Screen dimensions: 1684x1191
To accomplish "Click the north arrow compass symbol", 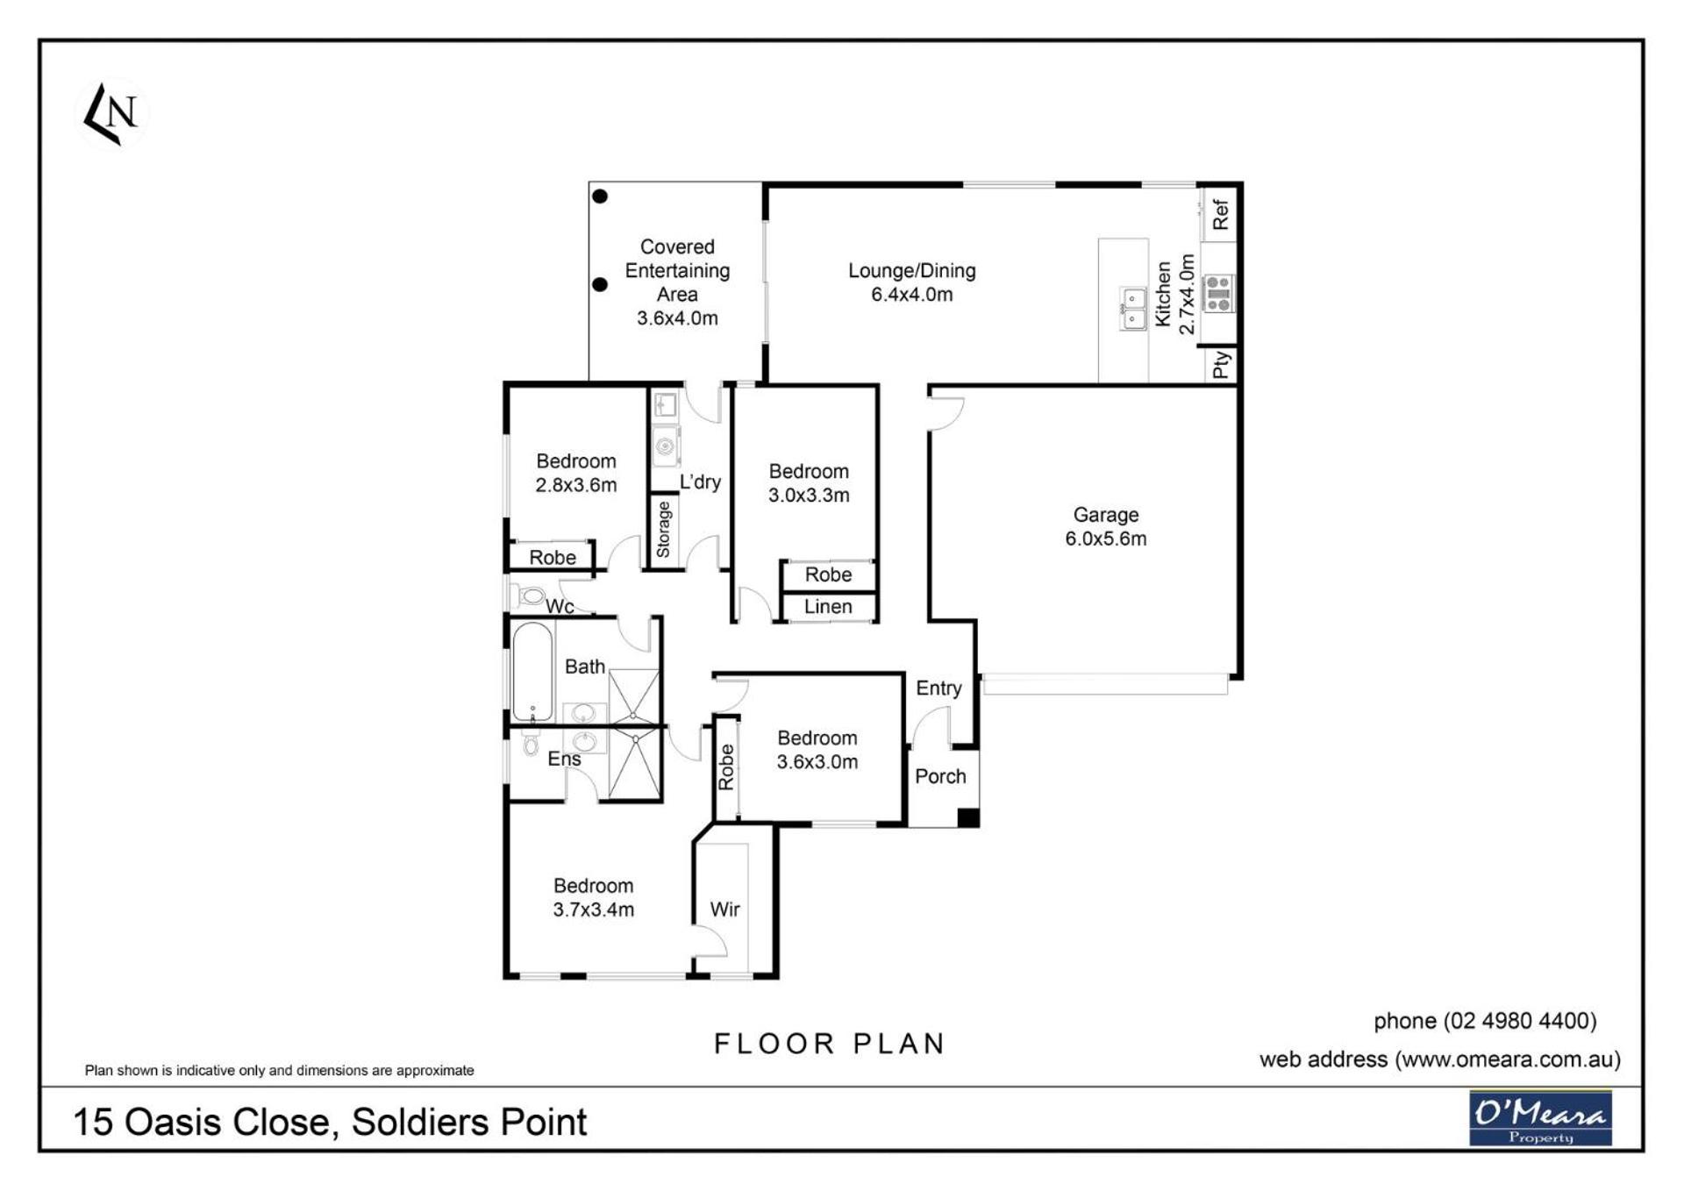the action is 112,114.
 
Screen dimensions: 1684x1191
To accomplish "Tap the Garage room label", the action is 1105,515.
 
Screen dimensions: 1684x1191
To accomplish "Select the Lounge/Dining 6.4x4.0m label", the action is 911,282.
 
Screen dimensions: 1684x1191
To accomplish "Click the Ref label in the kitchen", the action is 1220,214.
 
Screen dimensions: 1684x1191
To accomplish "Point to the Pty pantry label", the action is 1220,365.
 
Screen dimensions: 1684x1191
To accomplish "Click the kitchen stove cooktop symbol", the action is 1217,293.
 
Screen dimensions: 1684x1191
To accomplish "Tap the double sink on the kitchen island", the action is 1132,309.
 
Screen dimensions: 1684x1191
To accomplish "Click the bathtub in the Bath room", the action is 532,672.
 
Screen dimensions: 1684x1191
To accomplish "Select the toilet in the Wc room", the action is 528,596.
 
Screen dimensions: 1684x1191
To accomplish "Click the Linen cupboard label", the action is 828,606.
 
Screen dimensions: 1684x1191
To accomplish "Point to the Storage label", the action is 663,530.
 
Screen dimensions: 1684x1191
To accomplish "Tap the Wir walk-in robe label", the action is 724,909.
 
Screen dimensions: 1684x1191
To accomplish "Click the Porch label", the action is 940,776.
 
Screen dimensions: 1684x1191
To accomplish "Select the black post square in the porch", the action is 967,817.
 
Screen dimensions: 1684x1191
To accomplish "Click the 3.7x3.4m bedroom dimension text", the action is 593,909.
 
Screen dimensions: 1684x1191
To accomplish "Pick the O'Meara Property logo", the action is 1540,1118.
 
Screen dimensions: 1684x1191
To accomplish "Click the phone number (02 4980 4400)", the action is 1520,1021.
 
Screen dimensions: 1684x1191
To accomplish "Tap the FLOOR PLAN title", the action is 830,1044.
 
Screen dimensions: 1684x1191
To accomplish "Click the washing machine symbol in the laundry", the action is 666,446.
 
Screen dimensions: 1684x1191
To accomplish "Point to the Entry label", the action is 938,688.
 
